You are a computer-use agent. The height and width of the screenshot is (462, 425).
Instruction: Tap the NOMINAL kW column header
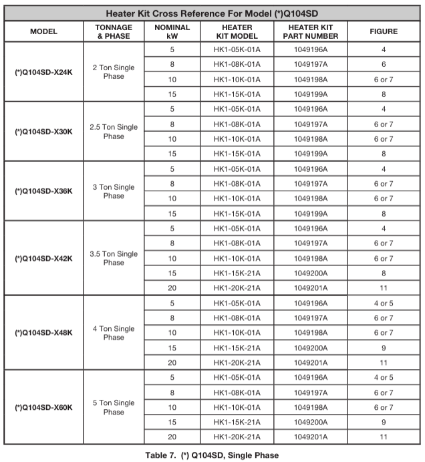point(172,31)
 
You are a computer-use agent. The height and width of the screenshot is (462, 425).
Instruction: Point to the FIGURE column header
point(384,31)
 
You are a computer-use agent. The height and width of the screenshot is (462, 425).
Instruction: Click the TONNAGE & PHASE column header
point(114,31)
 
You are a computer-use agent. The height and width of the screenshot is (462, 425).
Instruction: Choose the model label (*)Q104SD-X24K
point(43,72)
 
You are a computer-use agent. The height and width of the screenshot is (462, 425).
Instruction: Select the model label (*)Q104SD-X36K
point(43,191)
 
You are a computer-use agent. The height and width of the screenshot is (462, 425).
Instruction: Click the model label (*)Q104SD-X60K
point(43,407)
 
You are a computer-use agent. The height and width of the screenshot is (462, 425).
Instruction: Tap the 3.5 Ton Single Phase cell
point(114,258)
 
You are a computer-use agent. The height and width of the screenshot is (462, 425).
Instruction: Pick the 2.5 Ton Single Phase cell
point(114,132)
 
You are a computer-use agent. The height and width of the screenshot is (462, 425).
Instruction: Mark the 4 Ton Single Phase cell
point(114,333)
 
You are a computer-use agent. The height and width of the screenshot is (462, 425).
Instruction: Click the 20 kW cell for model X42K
point(172,288)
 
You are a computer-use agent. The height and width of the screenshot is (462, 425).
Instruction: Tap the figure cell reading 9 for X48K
point(384,348)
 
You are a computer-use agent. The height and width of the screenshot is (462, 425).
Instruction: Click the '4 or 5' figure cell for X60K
point(384,378)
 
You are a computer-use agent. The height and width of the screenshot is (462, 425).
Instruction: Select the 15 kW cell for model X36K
point(172,214)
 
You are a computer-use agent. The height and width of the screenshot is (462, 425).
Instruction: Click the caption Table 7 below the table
point(212,455)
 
